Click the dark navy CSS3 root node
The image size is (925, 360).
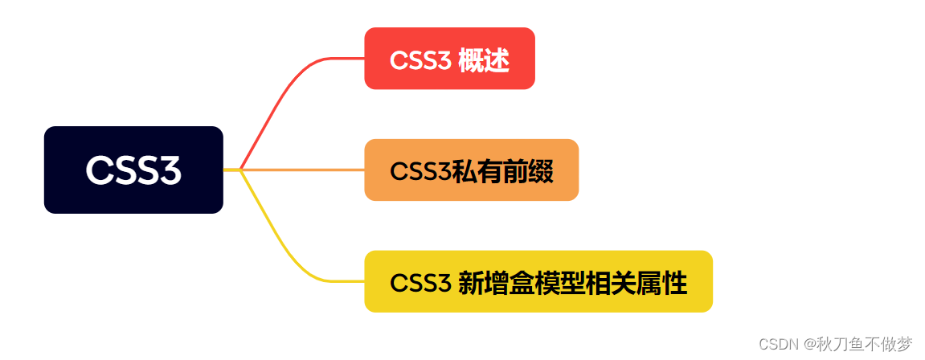pyautogui.click(x=133, y=170)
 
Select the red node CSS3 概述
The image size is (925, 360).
pyautogui.click(x=449, y=59)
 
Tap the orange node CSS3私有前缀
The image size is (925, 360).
pyautogui.click(x=471, y=170)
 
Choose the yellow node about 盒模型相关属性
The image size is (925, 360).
pyautogui.click(x=538, y=281)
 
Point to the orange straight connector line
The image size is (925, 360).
pyautogui.click(x=305, y=170)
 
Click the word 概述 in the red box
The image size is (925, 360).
pyautogui.click(x=484, y=60)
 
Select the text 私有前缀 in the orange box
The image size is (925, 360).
pyautogui.click(x=502, y=171)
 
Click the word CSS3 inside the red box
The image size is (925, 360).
pyautogui.click(x=420, y=60)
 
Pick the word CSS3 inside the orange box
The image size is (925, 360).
pyautogui.click(x=420, y=171)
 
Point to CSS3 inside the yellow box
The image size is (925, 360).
pyautogui.click(x=420, y=283)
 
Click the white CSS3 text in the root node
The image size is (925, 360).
pyautogui.click(x=133, y=170)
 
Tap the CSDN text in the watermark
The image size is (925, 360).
pyautogui.click(x=776, y=344)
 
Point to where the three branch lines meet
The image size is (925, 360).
pyautogui.click(x=240, y=170)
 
